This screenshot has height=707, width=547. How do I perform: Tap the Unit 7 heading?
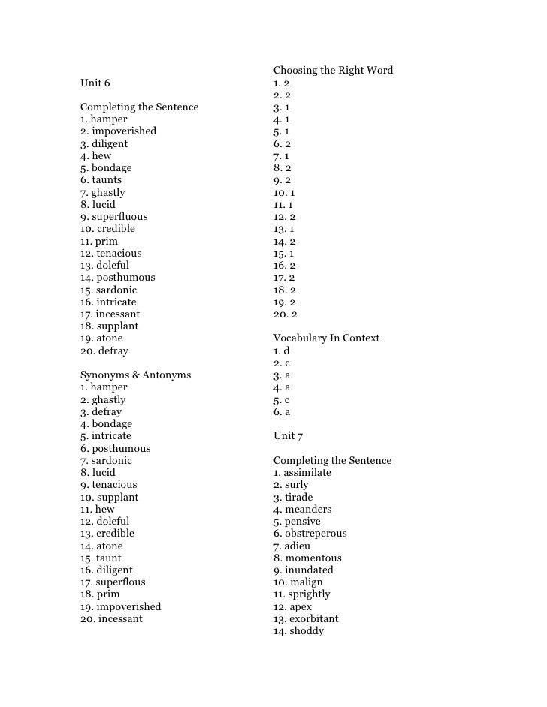click(288, 436)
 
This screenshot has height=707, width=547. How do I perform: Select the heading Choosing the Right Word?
click(333, 71)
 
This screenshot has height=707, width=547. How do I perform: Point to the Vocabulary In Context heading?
click(326, 338)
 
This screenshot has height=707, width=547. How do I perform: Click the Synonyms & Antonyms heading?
click(135, 375)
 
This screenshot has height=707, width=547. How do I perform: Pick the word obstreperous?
click(316, 534)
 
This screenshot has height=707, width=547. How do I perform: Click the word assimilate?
click(307, 473)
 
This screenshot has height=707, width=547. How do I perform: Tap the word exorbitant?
click(313, 619)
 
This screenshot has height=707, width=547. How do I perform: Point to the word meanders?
click(307, 510)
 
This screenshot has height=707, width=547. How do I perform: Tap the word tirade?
click(298, 498)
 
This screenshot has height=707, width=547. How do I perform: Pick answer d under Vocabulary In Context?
click(286, 350)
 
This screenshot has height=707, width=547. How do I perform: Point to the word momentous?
click(313, 558)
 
